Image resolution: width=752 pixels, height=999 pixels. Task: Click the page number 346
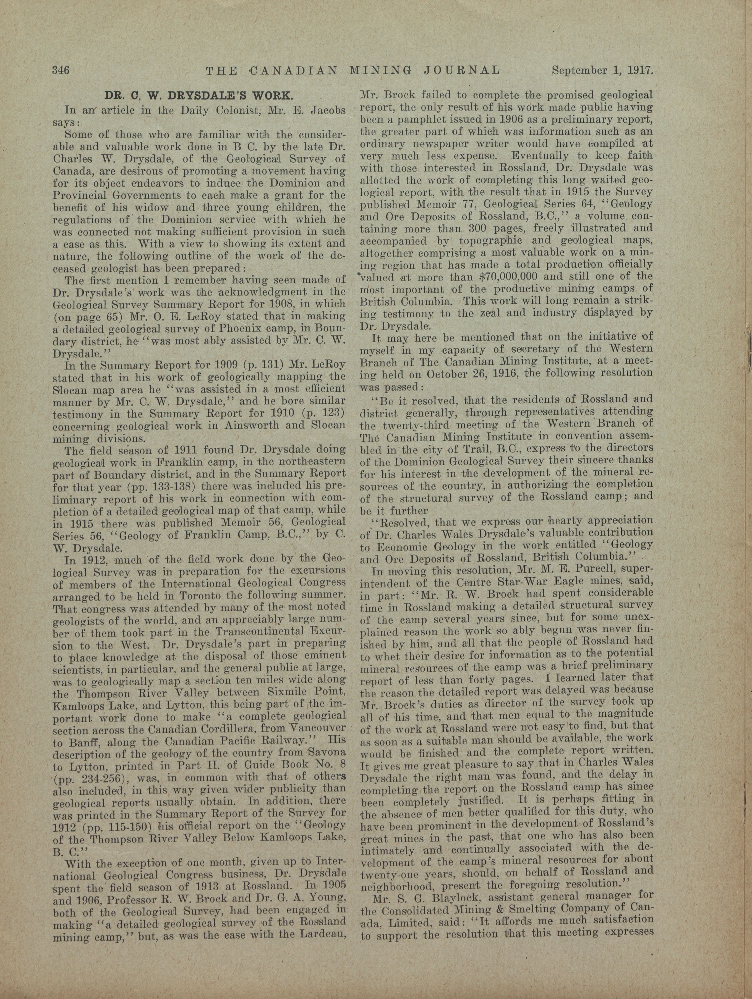coord(60,71)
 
